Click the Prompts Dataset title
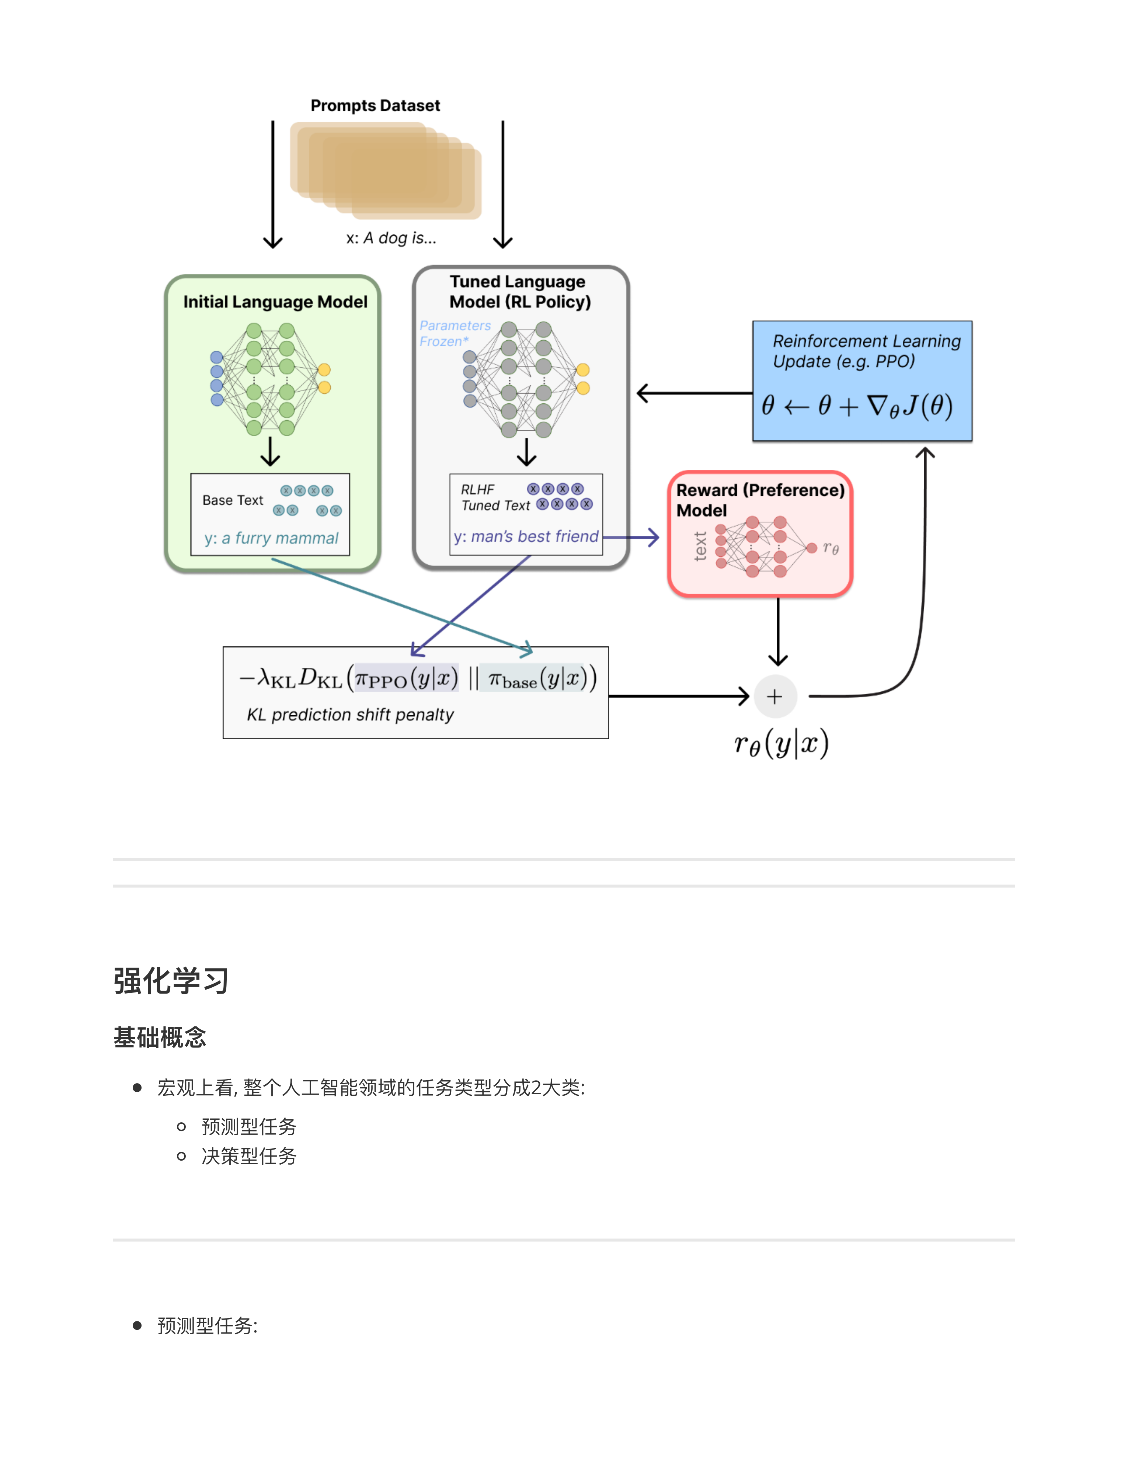(375, 105)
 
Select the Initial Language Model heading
(275, 302)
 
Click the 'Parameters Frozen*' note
(455, 333)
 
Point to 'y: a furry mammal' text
(271, 538)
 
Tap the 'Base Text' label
(233, 500)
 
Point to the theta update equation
(857, 406)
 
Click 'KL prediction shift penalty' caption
(350, 715)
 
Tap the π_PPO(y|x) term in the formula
(406, 678)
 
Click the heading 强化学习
(171, 981)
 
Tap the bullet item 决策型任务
(248, 1156)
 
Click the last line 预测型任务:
(207, 1326)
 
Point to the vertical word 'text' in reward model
(700, 546)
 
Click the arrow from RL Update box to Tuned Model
(695, 393)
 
